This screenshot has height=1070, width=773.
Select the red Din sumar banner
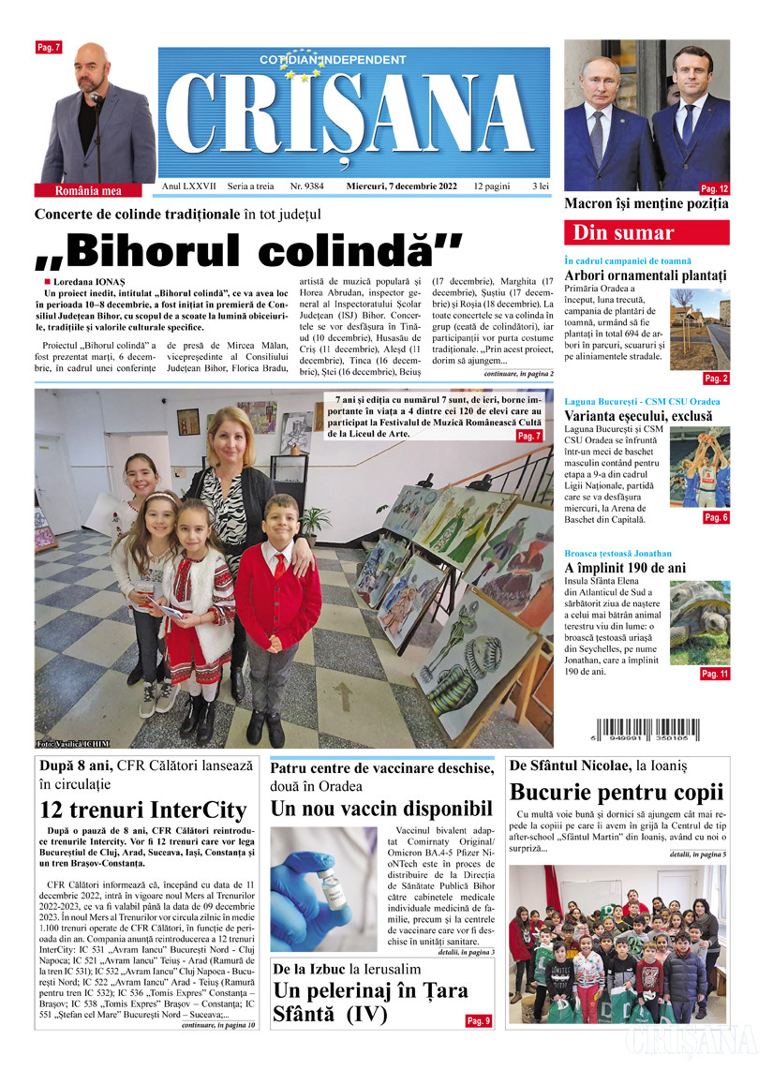click(x=646, y=232)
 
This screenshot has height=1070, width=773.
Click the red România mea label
click(x=88, y=190)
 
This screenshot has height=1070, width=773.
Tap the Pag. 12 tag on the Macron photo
click(x=714, y=188)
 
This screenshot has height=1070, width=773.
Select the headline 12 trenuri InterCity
click(x=143, y=810)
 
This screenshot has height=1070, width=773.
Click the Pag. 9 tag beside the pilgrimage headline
click(x=478, y=1020)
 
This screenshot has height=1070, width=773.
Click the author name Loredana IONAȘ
click(x=90, y=282)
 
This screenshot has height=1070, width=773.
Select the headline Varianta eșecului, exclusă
click(x=638, y=415)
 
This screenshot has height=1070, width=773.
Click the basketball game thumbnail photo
click(x=699, y=467)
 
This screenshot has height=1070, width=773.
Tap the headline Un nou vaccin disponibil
click(x=381, y=808)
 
